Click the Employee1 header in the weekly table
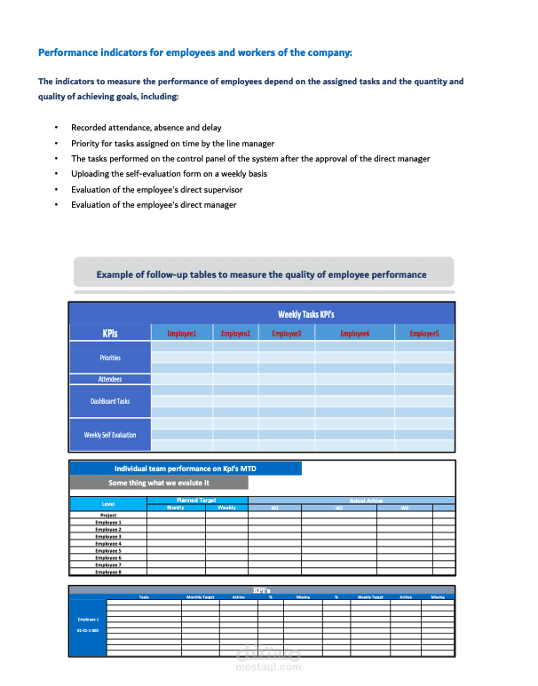click(181, 334)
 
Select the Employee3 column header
click(287, 334)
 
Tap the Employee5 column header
click(423, 334)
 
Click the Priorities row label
click(110, 358)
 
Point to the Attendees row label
click(110, 379)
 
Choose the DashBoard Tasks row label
click(110, 401)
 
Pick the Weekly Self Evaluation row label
click(110, 435)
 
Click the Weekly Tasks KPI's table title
click(305, 314)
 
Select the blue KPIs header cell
click(110, 334)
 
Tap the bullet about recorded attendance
click(146, 128)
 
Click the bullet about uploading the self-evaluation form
click(169, 174)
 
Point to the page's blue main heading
click(195, 52)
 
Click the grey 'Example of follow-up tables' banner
click(262, 274)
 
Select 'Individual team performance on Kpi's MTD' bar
click(186, 469)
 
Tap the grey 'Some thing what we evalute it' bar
click(159, 483)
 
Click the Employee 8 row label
click(108, 572)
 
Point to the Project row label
click(108, 515)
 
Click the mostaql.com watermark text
click(270, 667)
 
